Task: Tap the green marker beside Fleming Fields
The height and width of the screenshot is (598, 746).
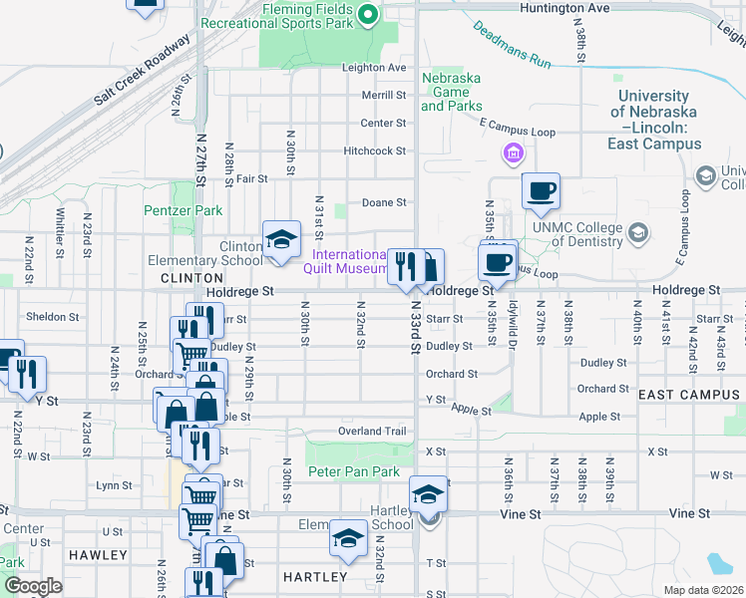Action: pos(368,13)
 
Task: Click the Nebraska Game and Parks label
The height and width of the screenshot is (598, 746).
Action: pos(452,92)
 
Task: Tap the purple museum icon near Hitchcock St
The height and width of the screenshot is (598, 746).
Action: pos(513,152)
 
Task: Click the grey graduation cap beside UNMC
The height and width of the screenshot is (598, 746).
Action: pos(638,233)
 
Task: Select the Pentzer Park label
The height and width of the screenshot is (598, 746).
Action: pos(183,210)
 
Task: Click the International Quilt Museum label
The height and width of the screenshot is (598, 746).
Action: pos(345,260)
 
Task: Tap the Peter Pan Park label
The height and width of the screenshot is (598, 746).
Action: pos(353,471)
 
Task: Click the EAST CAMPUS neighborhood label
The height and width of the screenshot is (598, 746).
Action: pos(688,395)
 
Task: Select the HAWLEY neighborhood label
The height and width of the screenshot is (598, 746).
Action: pos(99,554)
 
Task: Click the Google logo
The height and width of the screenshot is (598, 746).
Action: pos(32,586)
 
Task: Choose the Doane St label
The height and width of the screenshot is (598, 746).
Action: pos(384,201)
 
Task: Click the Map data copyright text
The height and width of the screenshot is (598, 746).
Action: pos(704,590)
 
